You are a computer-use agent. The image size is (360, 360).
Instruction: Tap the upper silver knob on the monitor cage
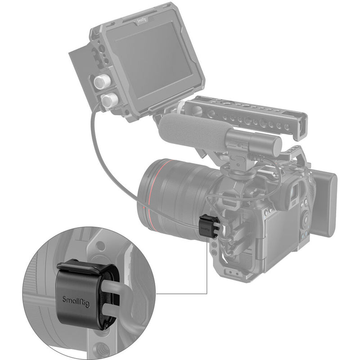click(x=102, y=82)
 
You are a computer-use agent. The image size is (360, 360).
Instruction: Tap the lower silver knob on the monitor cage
click(x=108, y=99)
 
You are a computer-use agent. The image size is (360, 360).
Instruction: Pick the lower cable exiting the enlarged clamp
click(x=119, y=313)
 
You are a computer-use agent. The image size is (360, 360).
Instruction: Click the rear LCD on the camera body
click(x=280, y=232)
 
